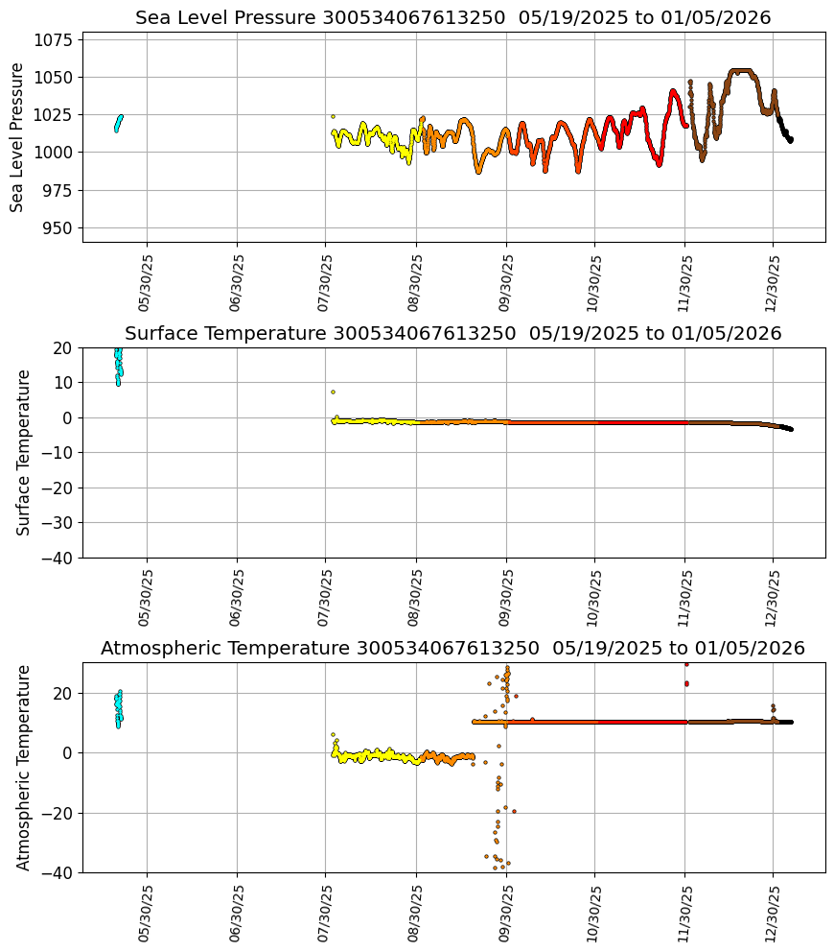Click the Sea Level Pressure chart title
coord(452,18)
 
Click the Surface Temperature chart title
coord(452,334)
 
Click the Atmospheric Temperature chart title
coord(452,649)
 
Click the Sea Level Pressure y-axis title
coord(18,137)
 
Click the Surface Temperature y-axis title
coord(24,452)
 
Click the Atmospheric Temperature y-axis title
coord(24,767)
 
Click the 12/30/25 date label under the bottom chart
coord(775,912)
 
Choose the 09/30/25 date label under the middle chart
coord(506,597)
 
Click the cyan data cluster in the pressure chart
coord(118,123)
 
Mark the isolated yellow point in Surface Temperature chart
coord(333,392)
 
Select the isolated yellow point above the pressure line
coord(333,116)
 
